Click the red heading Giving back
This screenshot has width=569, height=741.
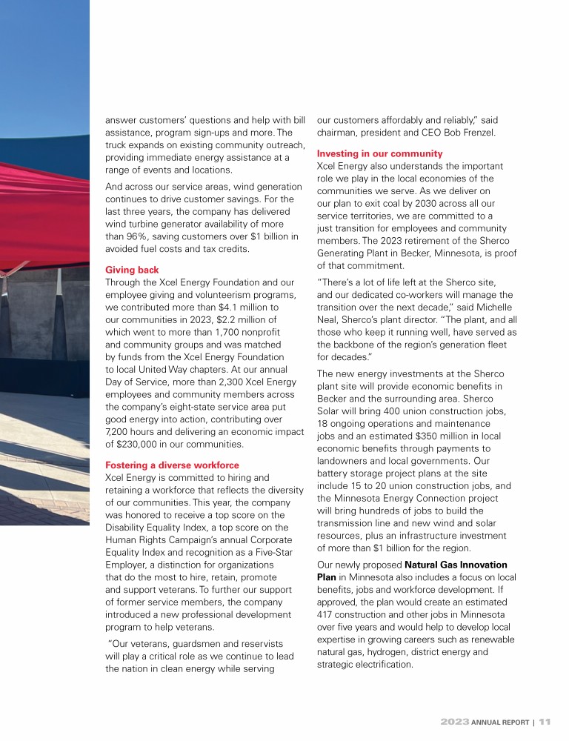pyautogui.click(x=131, y=270)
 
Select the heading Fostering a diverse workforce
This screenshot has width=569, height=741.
pyautogui.click(x=173, y=465)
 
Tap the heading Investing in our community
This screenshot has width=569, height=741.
pyautogui.click(x=379, y=153)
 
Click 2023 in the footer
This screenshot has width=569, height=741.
pyautogui.click(x=453, y=720)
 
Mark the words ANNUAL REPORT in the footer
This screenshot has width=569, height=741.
pyautogui.click(x=499, y=720)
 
